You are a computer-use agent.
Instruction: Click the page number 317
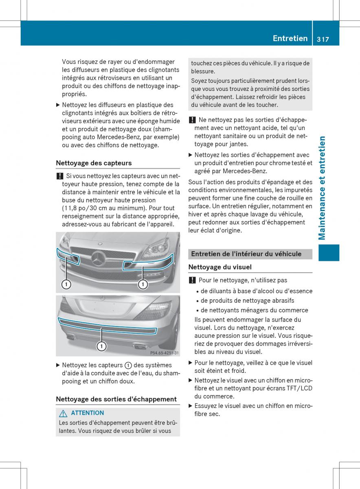[321, 39]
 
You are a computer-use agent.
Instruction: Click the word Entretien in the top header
[290, 38]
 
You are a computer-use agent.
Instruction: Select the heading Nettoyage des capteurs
[94, 163]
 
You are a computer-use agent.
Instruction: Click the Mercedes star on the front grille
[99, 258]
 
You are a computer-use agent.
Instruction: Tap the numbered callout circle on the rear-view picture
[101, 346]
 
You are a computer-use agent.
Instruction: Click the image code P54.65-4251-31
[164, 353]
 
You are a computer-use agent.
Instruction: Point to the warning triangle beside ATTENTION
[63, 413]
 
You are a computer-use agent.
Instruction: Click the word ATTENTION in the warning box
[87, 413]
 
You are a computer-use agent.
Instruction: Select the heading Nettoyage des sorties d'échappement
[116, 399]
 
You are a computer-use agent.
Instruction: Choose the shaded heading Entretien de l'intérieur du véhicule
[246, 254]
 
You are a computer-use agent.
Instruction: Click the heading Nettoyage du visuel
[220, 267]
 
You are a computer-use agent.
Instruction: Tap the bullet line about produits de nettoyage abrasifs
[247, 301]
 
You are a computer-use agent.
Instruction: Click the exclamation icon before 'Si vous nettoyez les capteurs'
[59, 176]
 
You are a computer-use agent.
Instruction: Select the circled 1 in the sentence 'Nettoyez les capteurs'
[128, 366]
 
